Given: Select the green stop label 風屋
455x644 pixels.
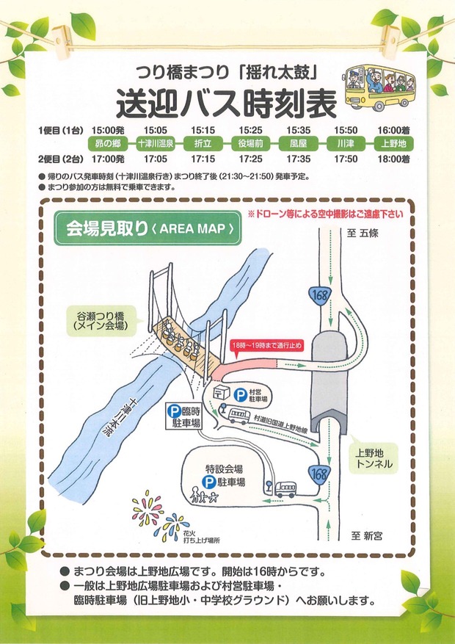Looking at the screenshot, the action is [x=298, y=144].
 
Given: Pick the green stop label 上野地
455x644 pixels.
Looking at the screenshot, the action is [x=393, y=144].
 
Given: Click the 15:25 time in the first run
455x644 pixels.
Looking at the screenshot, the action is [x=250, y=131].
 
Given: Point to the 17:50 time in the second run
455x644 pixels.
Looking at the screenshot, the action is [x=346, y=159].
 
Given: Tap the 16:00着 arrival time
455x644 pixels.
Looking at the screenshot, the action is [x=394, y=131].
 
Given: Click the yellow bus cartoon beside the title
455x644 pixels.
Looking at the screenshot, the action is [x=379, y=88].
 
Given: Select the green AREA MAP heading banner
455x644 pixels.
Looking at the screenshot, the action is [x=148, y=228].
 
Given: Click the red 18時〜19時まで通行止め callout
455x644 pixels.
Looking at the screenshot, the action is [x=266, y=346].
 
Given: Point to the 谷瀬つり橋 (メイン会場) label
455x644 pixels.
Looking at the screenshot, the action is [x=101, y=321].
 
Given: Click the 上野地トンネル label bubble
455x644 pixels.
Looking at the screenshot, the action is [x=374, y=459].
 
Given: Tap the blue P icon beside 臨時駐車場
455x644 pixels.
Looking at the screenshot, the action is [x=173, y=410].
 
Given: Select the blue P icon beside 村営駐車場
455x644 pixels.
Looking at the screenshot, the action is [x=240, y=396].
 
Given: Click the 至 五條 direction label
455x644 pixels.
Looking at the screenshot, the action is [x=363, y=234].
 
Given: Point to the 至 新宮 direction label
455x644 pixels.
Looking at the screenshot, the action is [x=366, y=536].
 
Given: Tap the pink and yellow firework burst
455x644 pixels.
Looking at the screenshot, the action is [x=148, y=508].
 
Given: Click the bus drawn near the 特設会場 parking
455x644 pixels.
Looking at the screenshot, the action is [x=285, y=489].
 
